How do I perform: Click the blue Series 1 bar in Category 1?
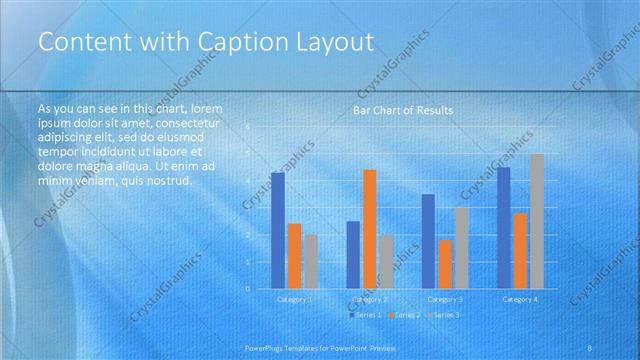coord(278,231)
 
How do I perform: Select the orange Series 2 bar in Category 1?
coord(294,256)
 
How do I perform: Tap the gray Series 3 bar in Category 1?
coord(311,262)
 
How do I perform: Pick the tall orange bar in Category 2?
coord(369,229)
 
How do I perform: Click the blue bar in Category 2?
coord(353,255)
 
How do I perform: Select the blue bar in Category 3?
coord(428,241)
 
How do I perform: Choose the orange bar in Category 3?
coord(445,264)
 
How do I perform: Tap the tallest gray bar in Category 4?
coord(537,221)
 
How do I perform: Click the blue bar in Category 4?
coord(503,228)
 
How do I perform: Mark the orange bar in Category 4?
coord(520,251)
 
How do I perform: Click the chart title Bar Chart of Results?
coord(403,110)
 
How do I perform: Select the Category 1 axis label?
coord(294,299)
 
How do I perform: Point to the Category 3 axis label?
coord(445,299)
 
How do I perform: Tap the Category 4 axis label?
coord(520,299)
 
